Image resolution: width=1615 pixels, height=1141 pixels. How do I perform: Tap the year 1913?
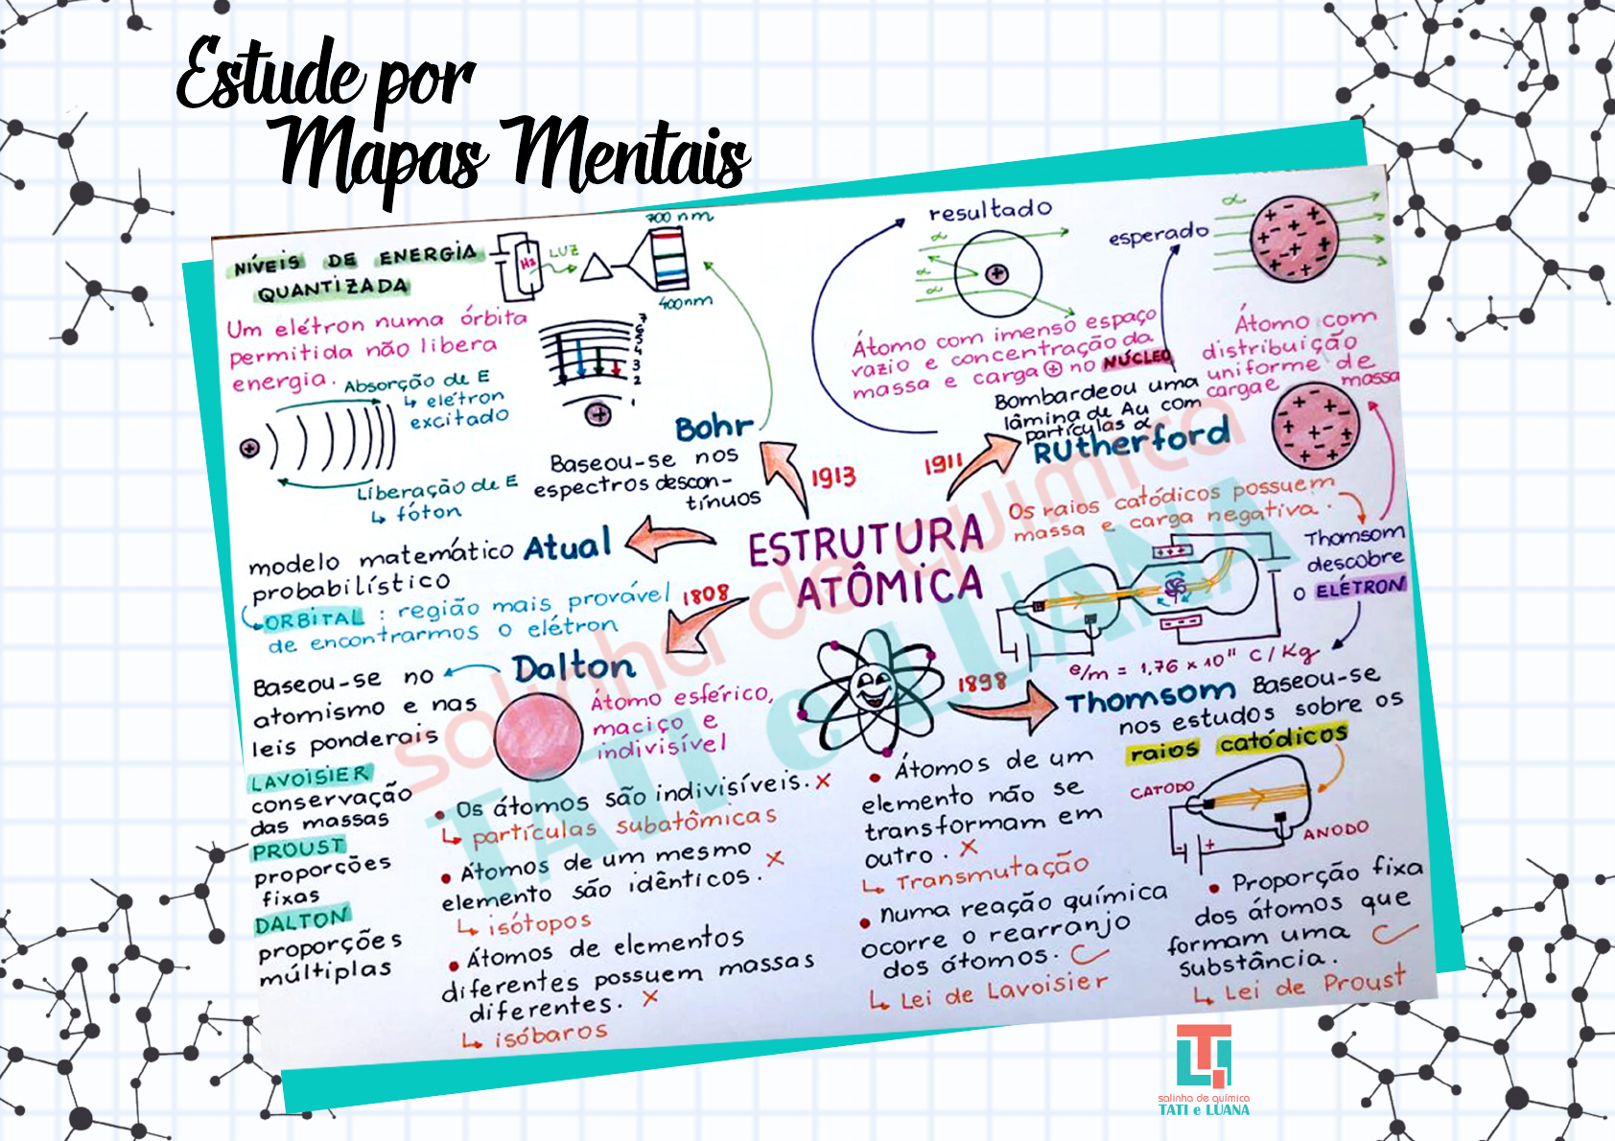point(832,477)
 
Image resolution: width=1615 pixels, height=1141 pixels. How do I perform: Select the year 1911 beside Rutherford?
point(943,464)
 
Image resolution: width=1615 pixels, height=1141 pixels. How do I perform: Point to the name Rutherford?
point(1132,441)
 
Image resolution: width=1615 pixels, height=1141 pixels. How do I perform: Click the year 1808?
point(705,595)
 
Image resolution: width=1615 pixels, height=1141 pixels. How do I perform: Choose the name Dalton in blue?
point(573,667)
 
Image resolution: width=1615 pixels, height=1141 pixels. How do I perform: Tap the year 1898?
point(980,682)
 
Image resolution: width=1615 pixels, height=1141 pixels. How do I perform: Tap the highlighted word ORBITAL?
point(315,619)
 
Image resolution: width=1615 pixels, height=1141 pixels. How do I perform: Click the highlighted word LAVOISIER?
point(309,778)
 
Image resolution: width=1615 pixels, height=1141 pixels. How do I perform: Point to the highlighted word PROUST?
point(298,850)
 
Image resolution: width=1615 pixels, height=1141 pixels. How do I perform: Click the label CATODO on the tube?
point(1160,790)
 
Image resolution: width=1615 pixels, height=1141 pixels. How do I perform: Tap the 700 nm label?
point(679,218)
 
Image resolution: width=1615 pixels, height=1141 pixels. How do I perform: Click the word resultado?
point(990,210)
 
